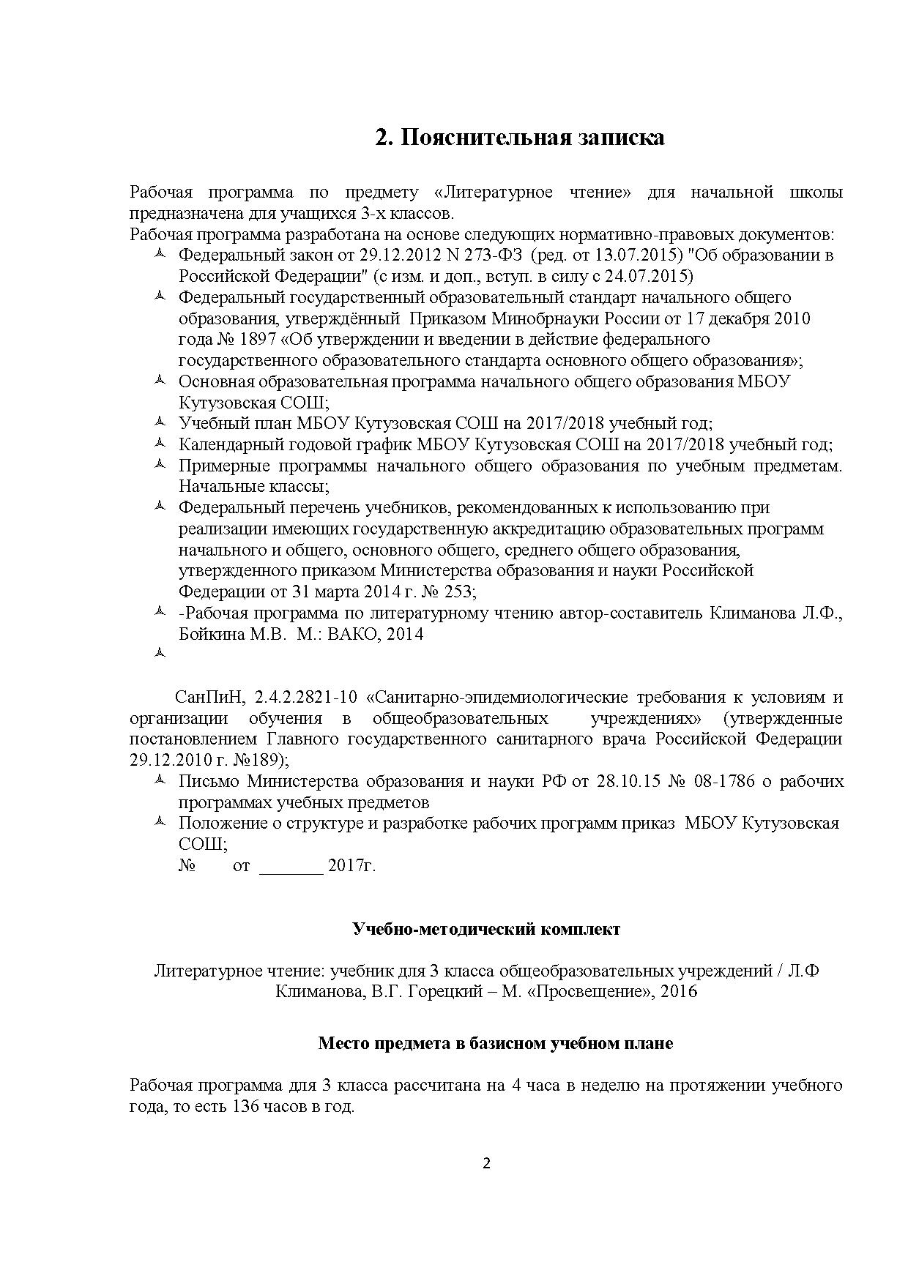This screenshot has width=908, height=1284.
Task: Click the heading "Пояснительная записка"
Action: tap(520, 137)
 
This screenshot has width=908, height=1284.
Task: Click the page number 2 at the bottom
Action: tap(486, 1164)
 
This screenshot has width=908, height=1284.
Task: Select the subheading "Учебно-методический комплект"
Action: tap(486, 929)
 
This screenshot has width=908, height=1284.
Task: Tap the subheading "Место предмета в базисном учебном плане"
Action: tap(495, 1043)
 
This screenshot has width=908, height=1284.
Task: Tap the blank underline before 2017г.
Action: tap(291, 866)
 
